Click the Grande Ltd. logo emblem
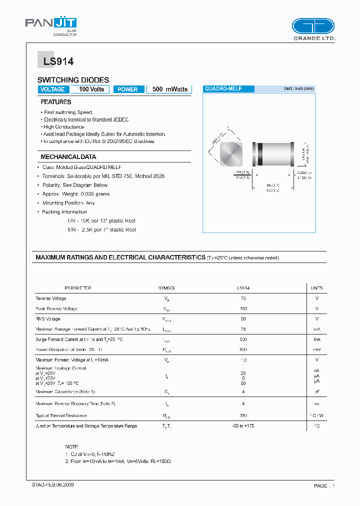312,26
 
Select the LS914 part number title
55,61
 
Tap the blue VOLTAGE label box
52,89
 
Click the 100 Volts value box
91,89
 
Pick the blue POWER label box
128,89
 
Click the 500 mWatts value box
170,89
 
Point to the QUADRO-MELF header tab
228,88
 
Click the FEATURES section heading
56,102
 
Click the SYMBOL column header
166,288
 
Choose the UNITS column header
317,288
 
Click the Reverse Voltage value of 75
243,298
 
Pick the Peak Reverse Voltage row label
56,309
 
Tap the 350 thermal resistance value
243,415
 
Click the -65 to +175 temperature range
243,426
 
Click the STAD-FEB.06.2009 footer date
49,485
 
